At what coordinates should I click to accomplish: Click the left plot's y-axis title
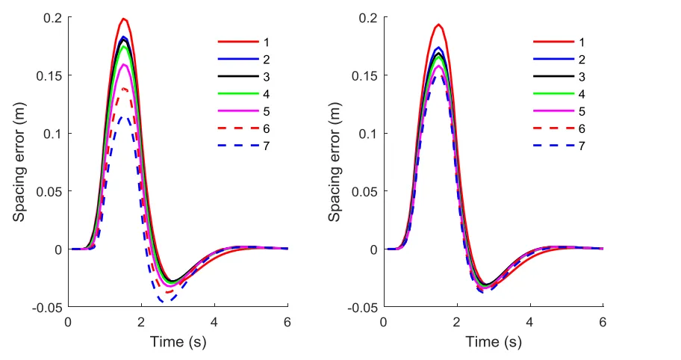[x=19, y=162]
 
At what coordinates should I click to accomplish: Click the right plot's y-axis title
[x=335, y=162]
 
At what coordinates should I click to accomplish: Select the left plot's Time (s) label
[x=178, y=343]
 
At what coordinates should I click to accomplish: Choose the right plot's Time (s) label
[x=493, y=343]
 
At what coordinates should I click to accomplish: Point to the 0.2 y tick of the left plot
[x=55, y=18]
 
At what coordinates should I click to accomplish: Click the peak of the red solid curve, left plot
[x=124, y=19]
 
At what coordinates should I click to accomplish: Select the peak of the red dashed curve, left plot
[x=124, y=89]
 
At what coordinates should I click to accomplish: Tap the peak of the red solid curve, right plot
[x=439, y=25]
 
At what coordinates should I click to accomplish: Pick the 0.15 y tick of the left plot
[x=52, y=75]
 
